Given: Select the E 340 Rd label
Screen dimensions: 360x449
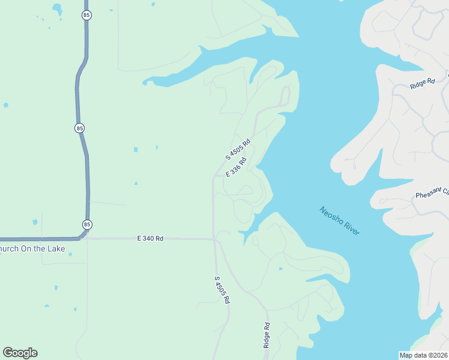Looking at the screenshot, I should point(150,238).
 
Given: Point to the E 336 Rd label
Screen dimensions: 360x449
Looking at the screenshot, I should point(236,167).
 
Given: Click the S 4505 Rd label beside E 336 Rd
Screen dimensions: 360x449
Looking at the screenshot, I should point(237,149).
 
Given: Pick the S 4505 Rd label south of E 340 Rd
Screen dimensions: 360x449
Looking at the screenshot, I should point(222,290).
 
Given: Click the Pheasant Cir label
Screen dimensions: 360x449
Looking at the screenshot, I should point(432,194).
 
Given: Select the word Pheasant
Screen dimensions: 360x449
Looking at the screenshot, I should point(428,195).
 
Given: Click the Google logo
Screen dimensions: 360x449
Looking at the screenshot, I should point(20,353).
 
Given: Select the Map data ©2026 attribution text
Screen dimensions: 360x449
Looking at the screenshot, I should point(423,355).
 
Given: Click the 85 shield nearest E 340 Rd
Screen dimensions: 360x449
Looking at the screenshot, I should point(88,224).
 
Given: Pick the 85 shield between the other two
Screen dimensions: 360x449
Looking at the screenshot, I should point(80,128).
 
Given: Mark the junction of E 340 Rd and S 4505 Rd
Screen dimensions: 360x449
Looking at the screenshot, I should point(214,239).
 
